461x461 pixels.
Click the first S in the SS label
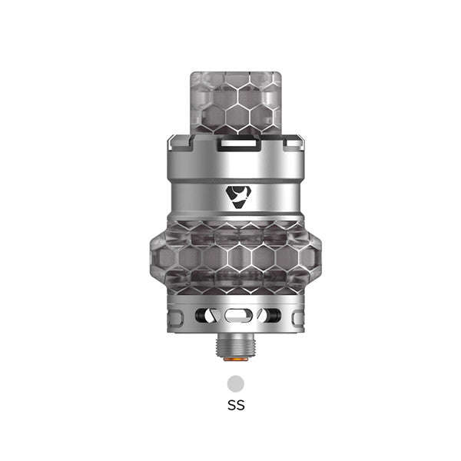click(x=231, y=404)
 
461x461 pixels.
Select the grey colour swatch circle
click(x=235, y=382)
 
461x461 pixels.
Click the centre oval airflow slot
click(x=236, y=315)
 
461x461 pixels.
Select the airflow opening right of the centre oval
click(x=264, y=315)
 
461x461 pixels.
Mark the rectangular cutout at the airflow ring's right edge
click(x=292, y=315)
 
